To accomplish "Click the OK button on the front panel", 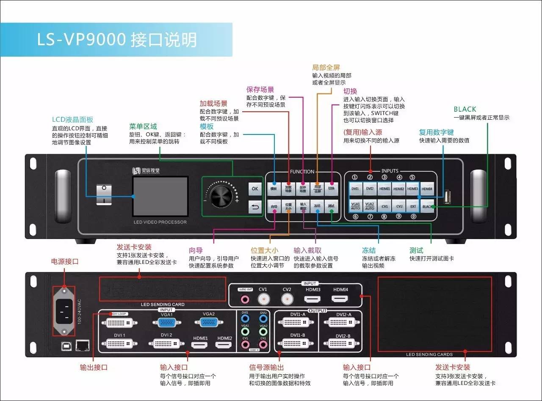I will pos(254,189).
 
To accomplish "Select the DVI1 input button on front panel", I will pos(355,189).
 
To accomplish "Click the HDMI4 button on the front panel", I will pos(427,189).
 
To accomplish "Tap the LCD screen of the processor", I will pos(160,197).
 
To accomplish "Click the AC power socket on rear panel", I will pos(64,311).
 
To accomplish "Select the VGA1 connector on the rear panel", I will pos(166,322).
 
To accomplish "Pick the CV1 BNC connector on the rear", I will pos(263,299).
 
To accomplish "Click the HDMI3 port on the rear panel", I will pos(313,299).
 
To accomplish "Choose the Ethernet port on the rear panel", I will pos(82,345).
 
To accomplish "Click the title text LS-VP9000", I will pos(82,40).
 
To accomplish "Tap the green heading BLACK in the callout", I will pos(465,109).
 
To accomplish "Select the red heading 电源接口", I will pos(65,261).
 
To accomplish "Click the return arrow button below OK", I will pos(254,207).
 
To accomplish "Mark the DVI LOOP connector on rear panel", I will pos(119,322).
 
